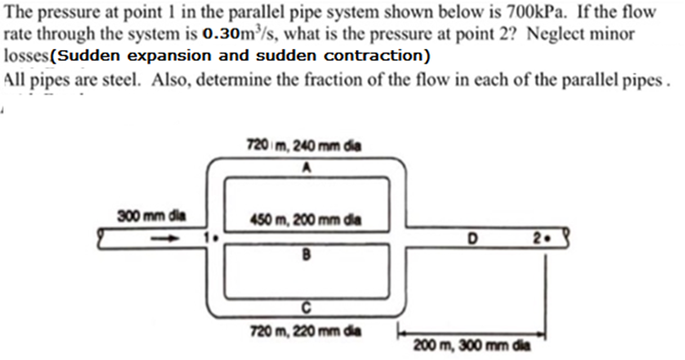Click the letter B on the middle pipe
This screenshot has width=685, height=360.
click(307, 255)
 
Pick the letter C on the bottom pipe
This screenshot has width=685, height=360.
click(308, 306)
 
